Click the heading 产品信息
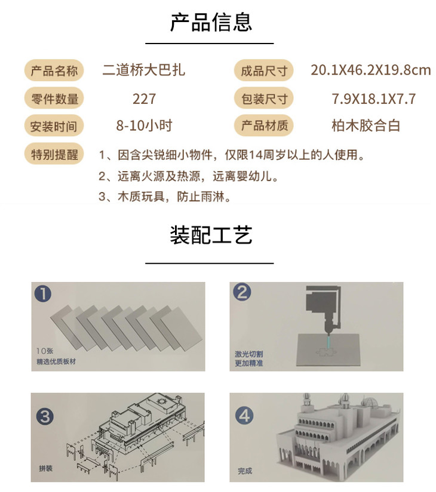click(x=211, y=23)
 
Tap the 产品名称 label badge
click(x=54, y=70)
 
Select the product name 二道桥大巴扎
click(x=144, y=70)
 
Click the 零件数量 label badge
click(x=54, y=98)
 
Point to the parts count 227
click(x=145, y=99)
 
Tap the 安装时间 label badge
click(x=54, y=126)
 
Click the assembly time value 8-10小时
click(x=145, y=125)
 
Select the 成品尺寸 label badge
click(x=264, y=70)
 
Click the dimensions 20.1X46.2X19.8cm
click(x=371, y=70)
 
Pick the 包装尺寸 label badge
click(x=264, y=98)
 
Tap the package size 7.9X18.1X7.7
click(x=374, y=99)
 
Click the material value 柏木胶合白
click(x=366, y=125)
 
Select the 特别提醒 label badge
click(x=54, y=154)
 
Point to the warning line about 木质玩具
click(x=165, y=197)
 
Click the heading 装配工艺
click(x=211, y=235)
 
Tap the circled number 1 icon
click(x=43, y=293)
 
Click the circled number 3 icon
click(x=45, y=416)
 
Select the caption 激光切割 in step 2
click(x=248, y=354)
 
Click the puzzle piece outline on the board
click(x=326, y=352)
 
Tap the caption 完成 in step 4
click(x=245, y=471)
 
